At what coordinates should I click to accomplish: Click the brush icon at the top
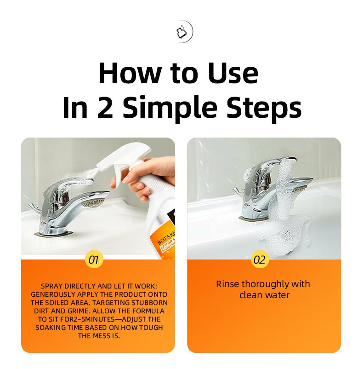181,33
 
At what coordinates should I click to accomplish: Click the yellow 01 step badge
93,259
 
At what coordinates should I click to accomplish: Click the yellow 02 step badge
260,259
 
